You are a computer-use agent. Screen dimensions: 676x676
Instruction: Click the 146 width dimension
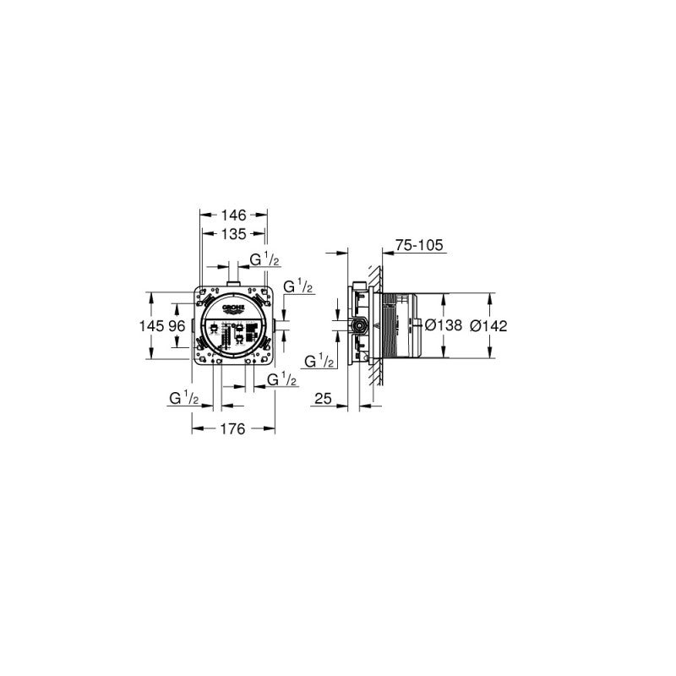point(233,215)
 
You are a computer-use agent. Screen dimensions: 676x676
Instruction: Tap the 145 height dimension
point(157,325)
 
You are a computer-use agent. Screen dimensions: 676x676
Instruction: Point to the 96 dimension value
point(177,325)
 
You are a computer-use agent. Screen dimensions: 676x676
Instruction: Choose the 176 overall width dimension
point(233,429)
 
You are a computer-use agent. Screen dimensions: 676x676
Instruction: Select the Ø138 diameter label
point(444,326)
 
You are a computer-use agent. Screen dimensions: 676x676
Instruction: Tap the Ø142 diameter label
point(489,326)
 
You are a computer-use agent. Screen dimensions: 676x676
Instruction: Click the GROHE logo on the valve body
point(233,308)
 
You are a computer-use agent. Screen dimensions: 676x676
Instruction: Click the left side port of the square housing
point(194,326)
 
